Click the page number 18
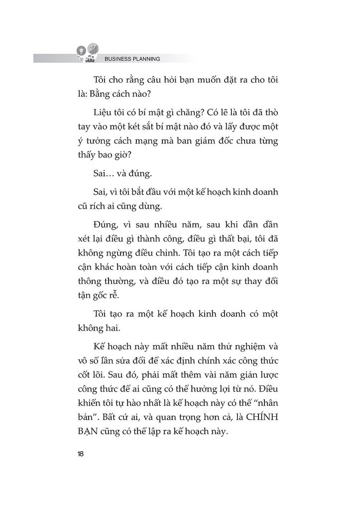click(x=80, y=453)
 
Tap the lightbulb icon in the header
click(x=80, y=51)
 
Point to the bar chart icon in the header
click(x=93, y=48)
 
